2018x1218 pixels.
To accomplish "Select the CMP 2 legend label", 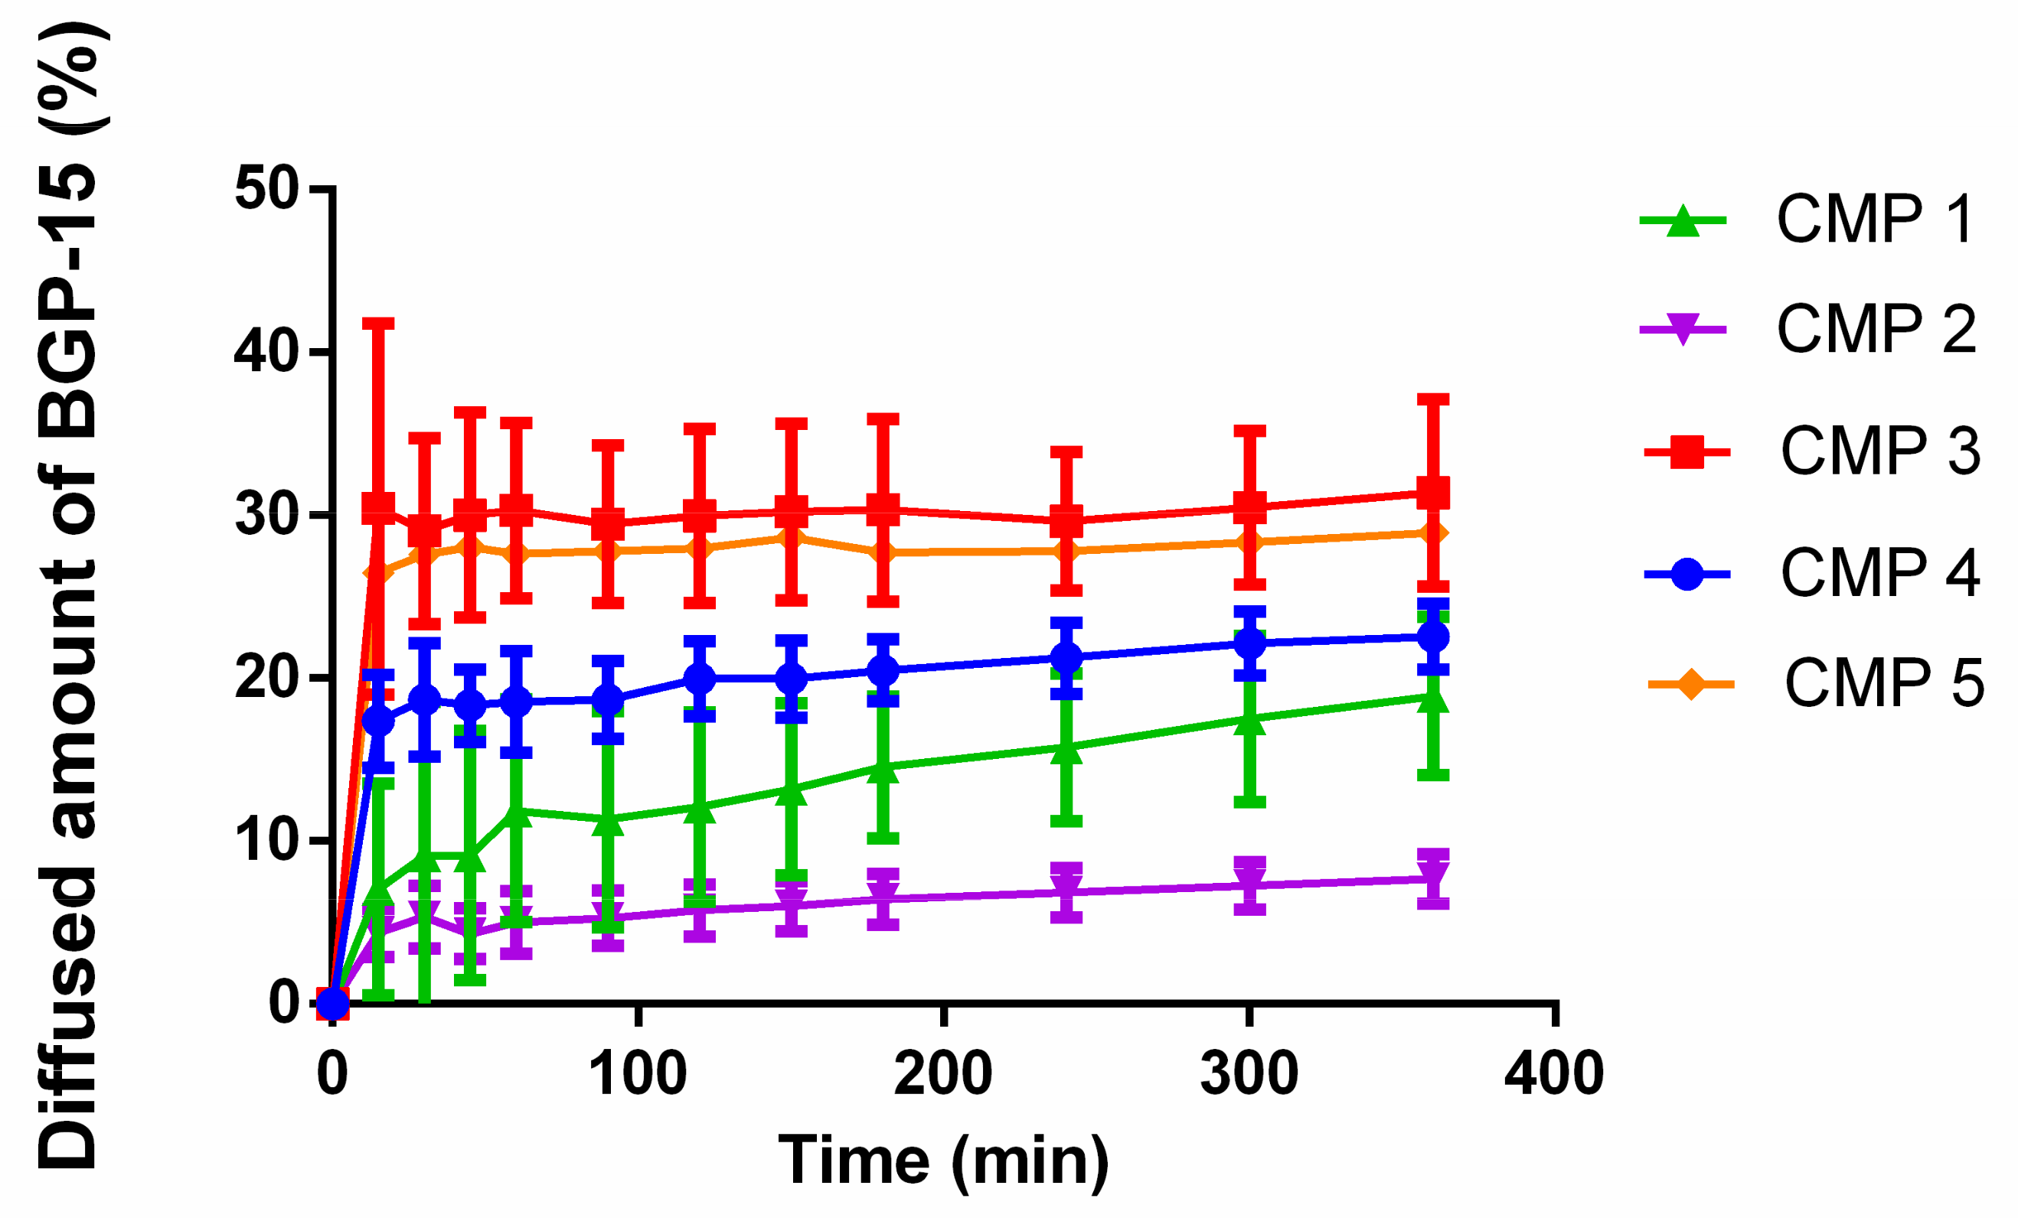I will [x=1876, y=328].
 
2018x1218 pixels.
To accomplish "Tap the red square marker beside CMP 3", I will [x=1687, y=452].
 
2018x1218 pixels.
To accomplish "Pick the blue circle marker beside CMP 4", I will [x=1687, y=574].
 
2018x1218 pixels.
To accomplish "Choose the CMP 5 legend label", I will [x=1885, y=682].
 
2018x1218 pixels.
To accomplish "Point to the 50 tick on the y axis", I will [x=266, y=189].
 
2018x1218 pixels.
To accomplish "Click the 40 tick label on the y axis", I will [x=266, y=352].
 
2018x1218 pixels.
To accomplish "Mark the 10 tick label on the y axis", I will [x=266, y=841].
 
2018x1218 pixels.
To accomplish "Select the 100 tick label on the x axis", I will [x=638, y=1074].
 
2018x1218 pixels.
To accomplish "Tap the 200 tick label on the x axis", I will [x=943, y=1074].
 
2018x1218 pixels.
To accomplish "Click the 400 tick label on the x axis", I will [x=1553, y=1074].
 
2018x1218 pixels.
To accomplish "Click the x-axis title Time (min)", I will [x=942, y=1160].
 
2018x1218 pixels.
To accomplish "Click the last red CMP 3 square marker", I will [x=1433, y=493].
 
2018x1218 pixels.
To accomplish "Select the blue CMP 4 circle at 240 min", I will [x=1066, y=657].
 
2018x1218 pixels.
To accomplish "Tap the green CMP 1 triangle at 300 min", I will [x=1250, y=721].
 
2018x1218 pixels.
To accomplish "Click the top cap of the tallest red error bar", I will [x=378, y=324].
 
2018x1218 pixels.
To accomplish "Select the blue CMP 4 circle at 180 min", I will [x=883, y=670].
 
